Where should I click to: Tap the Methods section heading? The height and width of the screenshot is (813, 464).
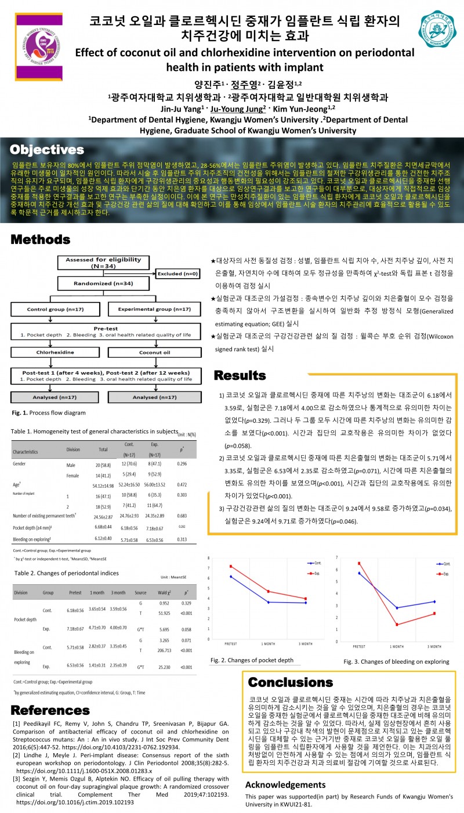[45, 240]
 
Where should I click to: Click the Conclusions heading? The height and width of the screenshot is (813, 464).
[291, 682]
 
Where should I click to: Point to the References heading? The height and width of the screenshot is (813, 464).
[50, 710]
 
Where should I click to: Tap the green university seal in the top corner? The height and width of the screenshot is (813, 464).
[438, 33]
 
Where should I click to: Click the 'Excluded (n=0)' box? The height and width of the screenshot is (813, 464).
[176, 273]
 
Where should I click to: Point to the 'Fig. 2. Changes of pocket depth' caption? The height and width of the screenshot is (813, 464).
[251, 660]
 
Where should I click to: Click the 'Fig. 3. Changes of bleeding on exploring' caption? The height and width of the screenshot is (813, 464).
[396, 661]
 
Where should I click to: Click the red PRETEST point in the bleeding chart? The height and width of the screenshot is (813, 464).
[359, 563]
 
